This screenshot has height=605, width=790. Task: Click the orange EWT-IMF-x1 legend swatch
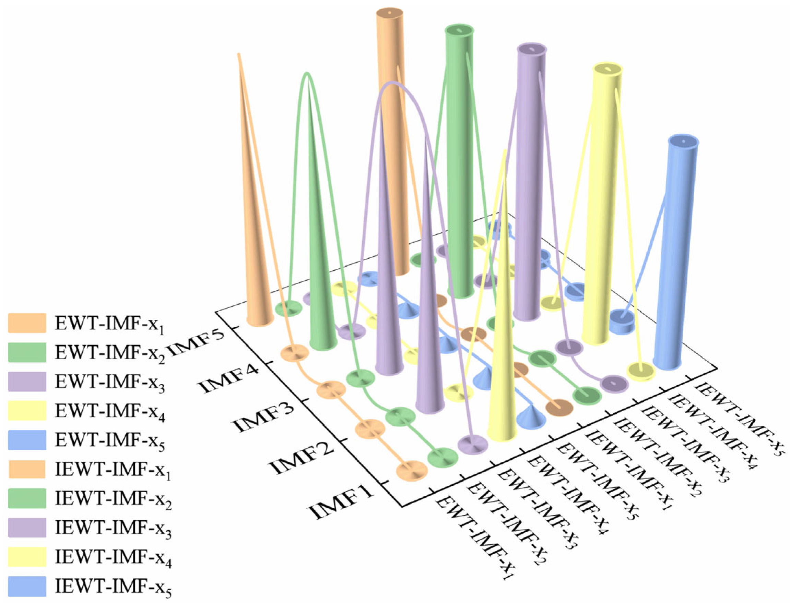[27, 323]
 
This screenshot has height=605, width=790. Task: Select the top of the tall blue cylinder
[683, 141]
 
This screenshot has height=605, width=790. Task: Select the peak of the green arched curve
[307, 74]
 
